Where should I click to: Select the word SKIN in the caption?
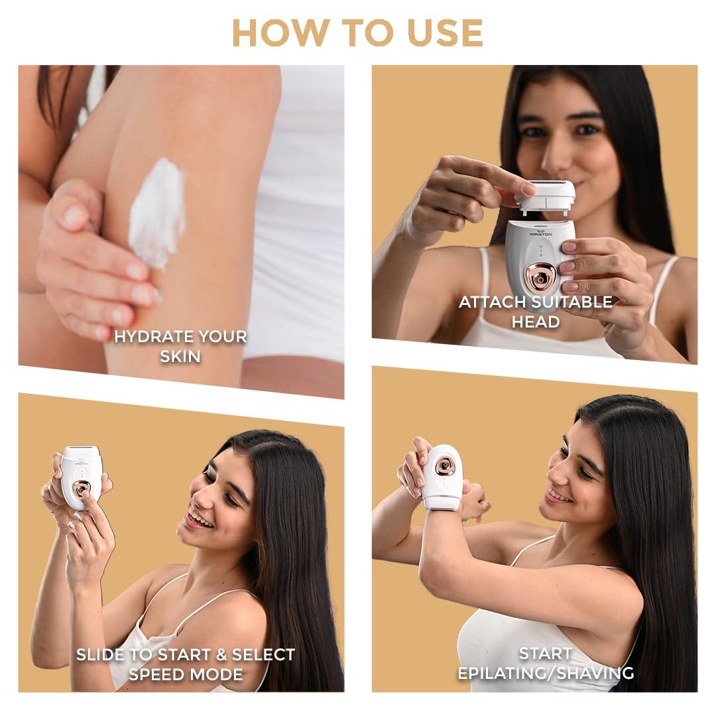180,356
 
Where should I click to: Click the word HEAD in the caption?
536,322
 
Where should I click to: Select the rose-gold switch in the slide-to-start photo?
82,489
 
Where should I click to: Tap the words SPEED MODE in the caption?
186,674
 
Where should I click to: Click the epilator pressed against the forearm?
442,477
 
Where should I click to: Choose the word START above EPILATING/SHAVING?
536,654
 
